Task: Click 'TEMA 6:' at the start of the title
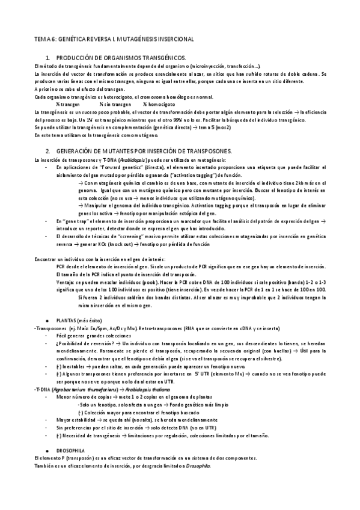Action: click(x=44, y=38)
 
